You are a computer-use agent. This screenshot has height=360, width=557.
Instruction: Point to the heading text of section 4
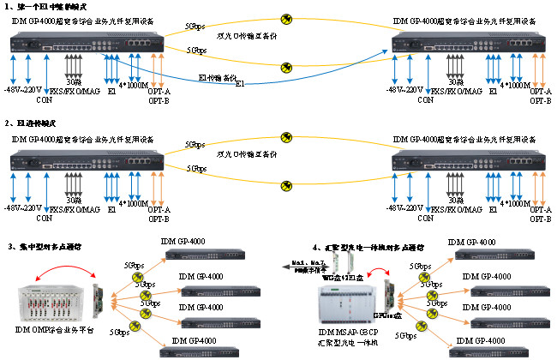coord(368,247)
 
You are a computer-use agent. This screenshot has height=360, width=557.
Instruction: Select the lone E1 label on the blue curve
coord(240,84)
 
